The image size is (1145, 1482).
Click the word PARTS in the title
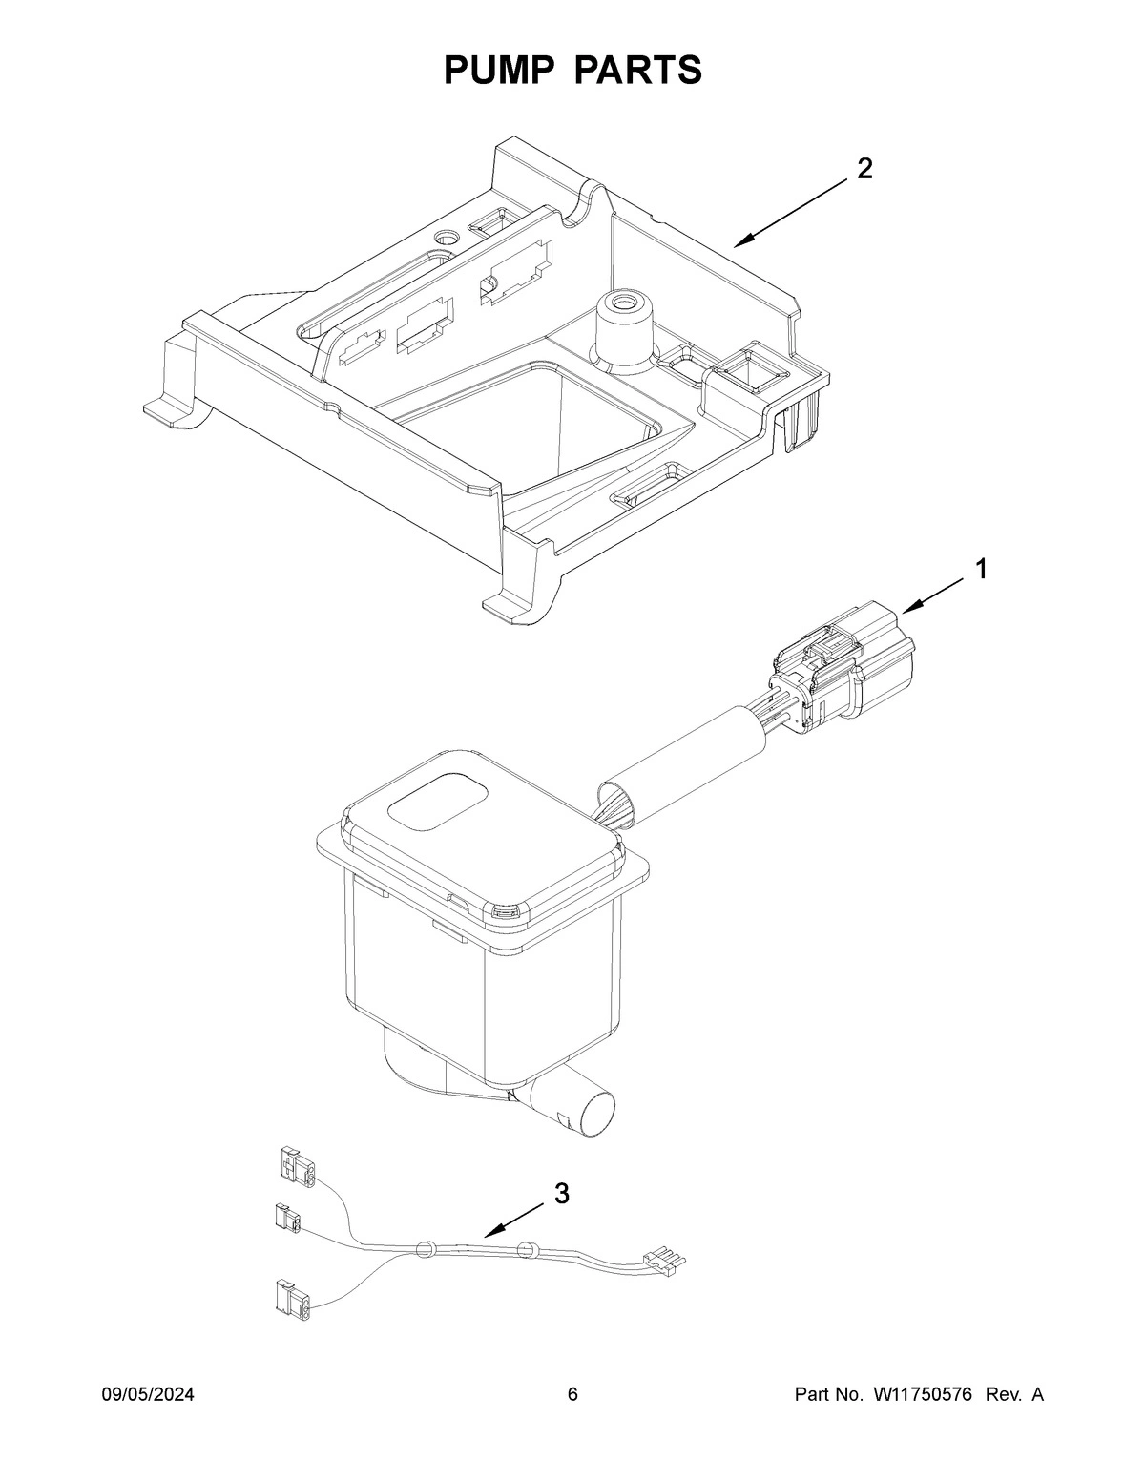[x=638, y=70]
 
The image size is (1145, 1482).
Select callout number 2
[x=864, y=169]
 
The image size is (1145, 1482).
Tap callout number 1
[x=980, y=570]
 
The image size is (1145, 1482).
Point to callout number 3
[x=562, y=1193]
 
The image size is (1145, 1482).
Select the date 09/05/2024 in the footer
[x=148, y=1395]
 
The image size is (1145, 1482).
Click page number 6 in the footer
[x=572, y=1395]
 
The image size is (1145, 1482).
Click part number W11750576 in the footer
[x=922, y=1395]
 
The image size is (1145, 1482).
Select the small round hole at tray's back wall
[x=446, y=235]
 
